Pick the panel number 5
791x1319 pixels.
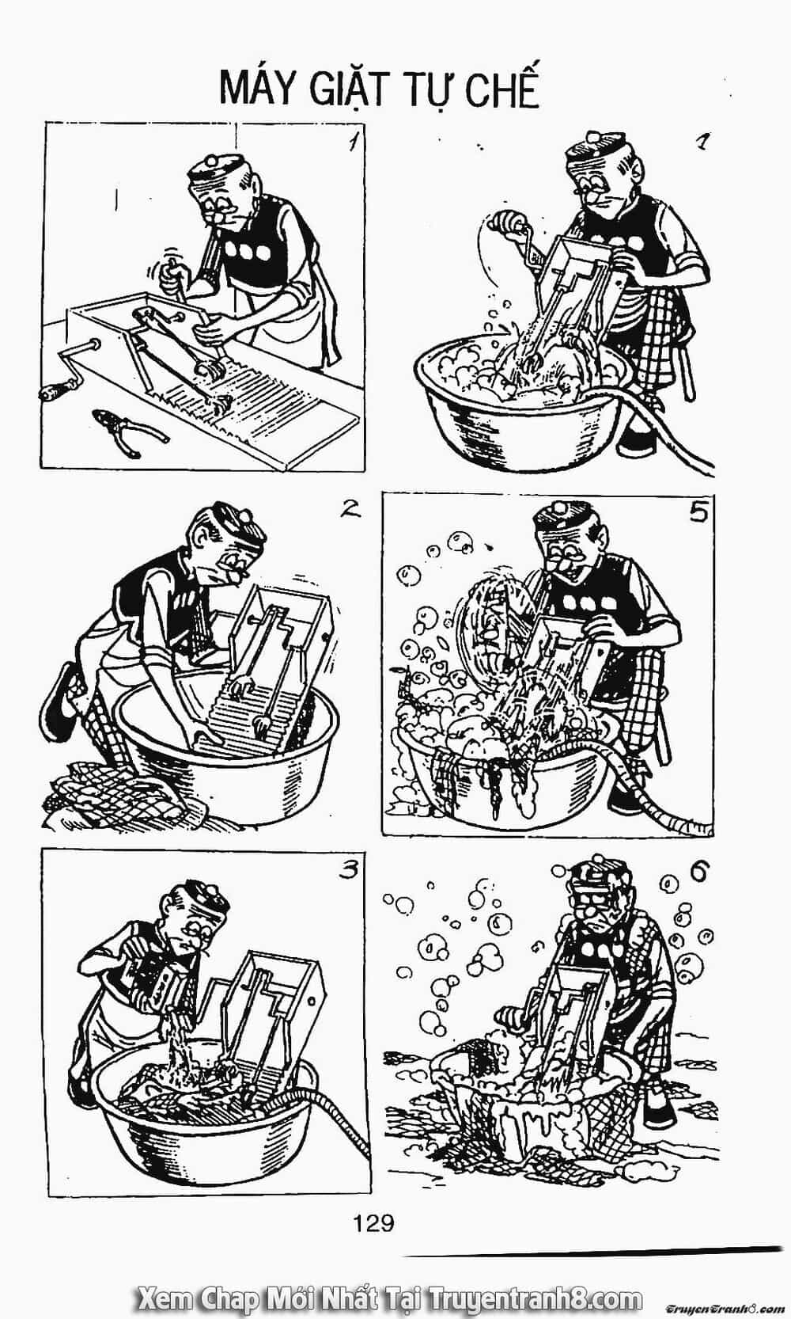pyautogui.click(x=698, y=513)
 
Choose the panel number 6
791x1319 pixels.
pyautogui.click(x=700, y=871)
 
